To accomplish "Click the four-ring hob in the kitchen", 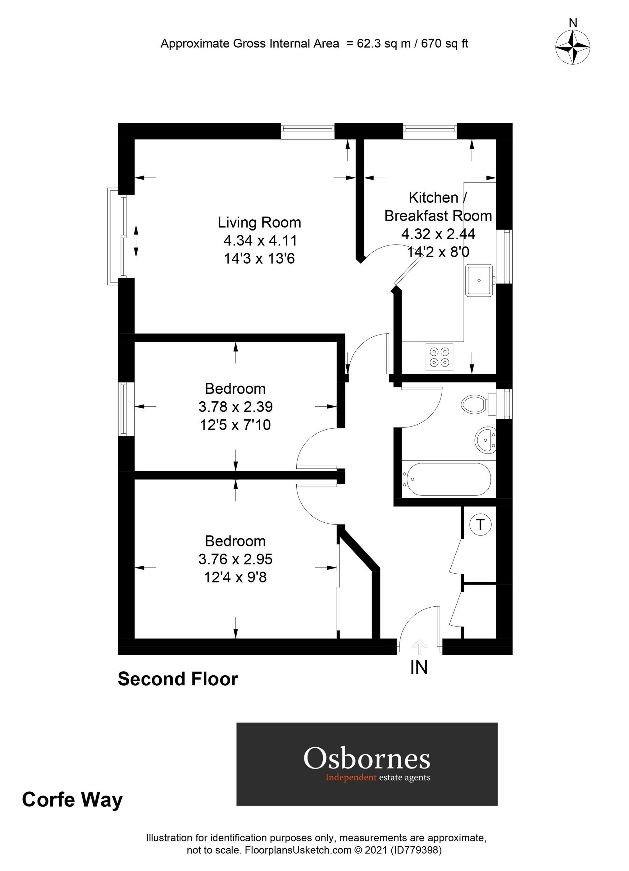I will [439, 357].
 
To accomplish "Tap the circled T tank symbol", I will [480, 524].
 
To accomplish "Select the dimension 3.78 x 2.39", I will [235, 406].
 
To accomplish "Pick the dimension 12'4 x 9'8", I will [235, 577].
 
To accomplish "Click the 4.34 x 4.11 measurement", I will [260, 240].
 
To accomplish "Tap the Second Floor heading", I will [178, 679].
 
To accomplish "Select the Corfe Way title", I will [72, 799].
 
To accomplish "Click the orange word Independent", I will [351, 778].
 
